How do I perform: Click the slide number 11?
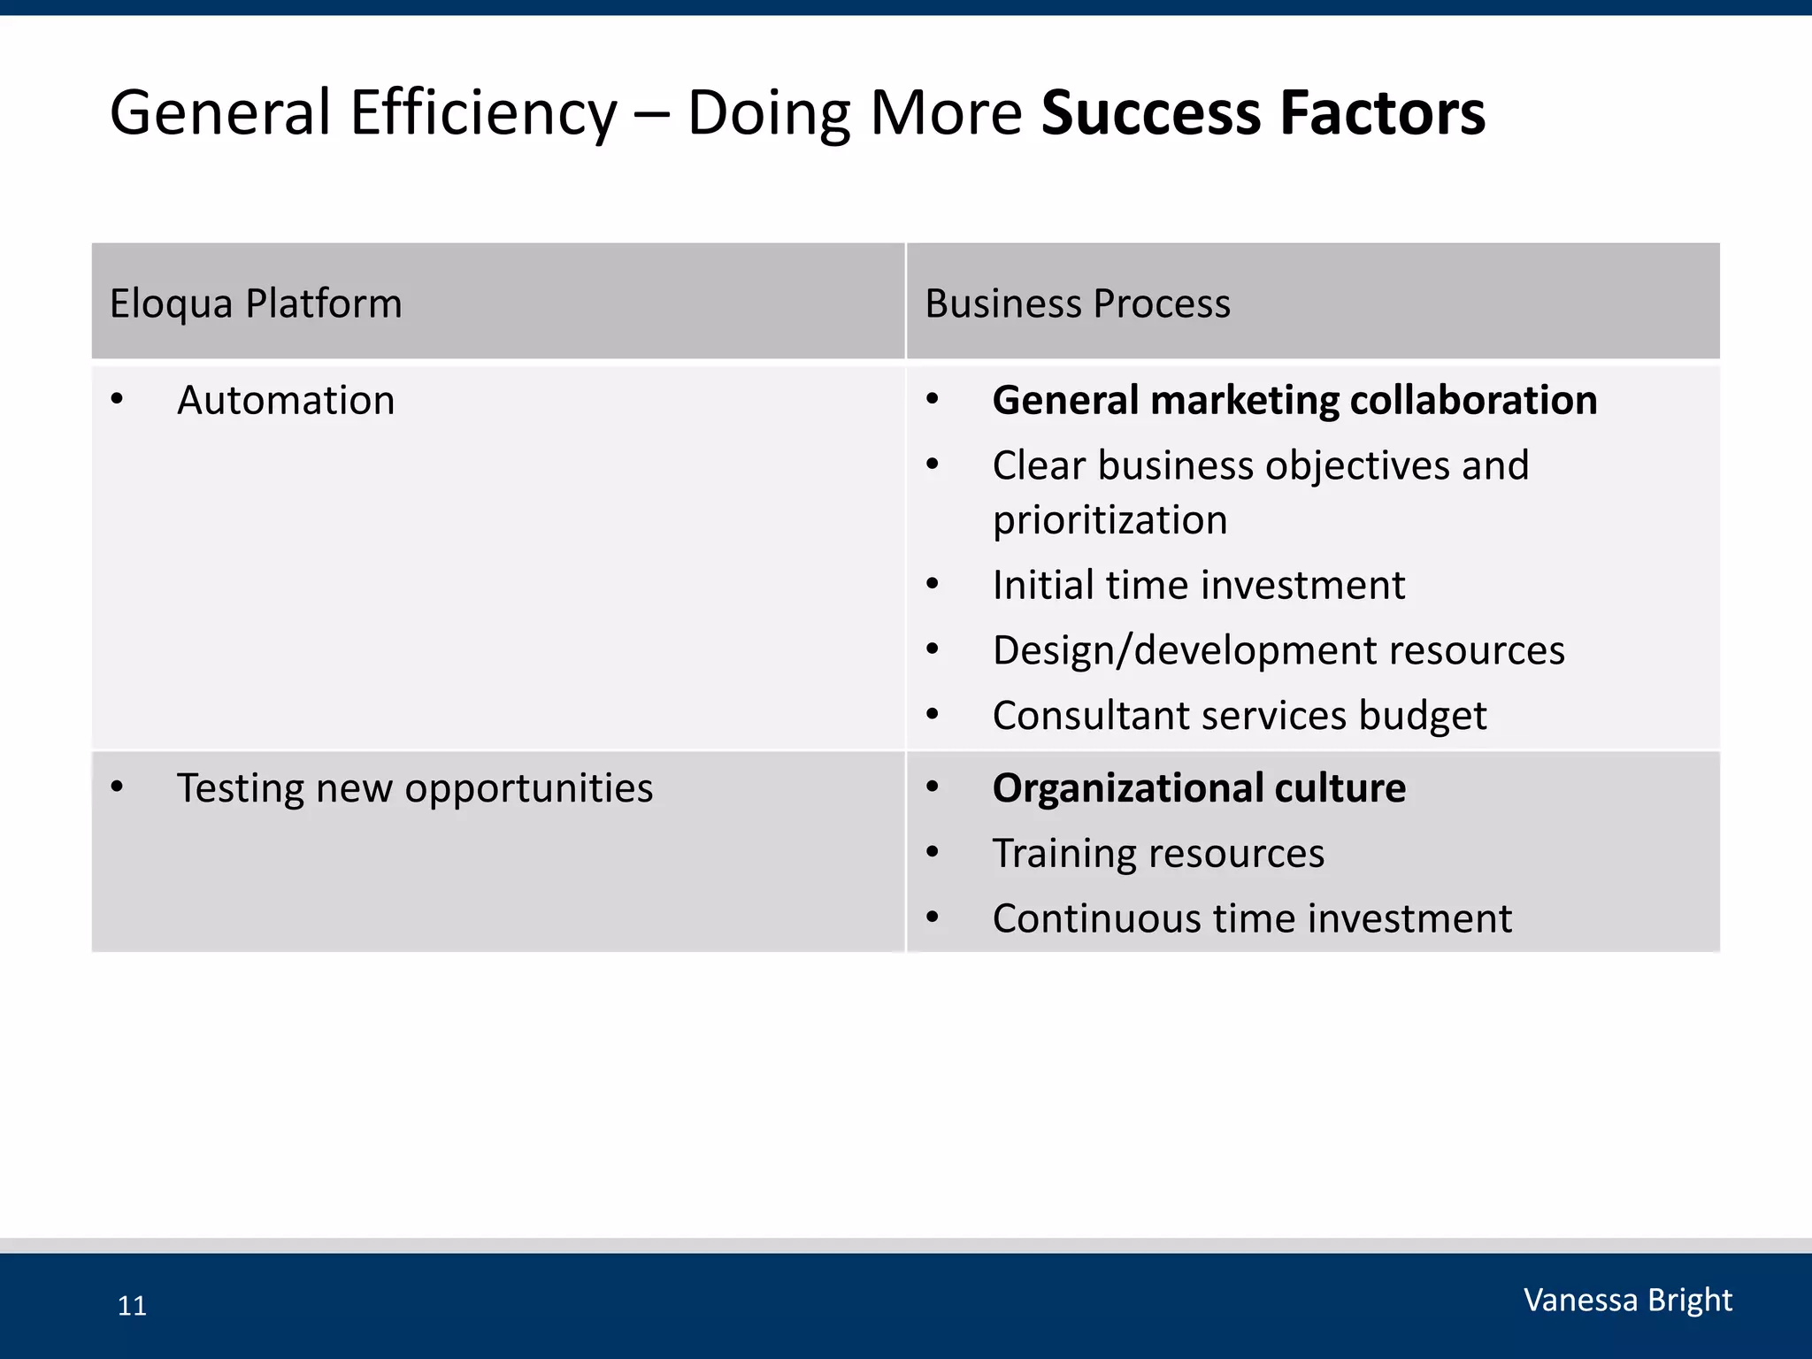132,1306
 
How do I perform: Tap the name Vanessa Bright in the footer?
1627,1300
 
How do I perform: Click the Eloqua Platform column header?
256,303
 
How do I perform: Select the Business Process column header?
1077,303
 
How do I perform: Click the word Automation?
286,400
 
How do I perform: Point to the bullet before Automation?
117,400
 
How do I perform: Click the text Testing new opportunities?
414,787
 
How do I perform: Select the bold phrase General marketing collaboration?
1294,400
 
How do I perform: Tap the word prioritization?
1109,519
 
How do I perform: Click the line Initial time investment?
1198,585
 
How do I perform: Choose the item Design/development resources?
1278,650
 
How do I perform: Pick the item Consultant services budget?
1239,716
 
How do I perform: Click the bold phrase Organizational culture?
1198,787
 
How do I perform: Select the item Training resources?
1158,853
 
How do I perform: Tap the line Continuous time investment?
1251,918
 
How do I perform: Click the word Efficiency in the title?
483,113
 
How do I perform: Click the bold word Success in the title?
1151,113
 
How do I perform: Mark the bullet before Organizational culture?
932,787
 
